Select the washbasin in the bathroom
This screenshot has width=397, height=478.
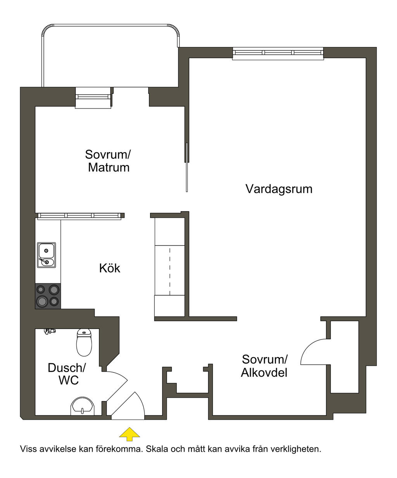coord(82,406)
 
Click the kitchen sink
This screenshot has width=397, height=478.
coord(46,255)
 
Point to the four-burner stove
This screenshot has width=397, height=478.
coord(48,296)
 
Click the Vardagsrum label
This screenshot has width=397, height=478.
coord(279,189)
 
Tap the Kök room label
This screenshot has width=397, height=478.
coord(110,268)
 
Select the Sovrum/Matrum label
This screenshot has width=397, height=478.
coord(108,161)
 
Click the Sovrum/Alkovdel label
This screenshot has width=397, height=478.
coord(264,366)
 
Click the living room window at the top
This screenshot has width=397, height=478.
coord(278,53)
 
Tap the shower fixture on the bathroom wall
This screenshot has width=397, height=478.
coord(49,331)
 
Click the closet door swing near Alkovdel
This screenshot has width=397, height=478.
coord(313,351)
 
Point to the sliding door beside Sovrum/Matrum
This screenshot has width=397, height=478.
coord(187,167)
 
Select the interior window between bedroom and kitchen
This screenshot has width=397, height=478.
coord(79,216)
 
